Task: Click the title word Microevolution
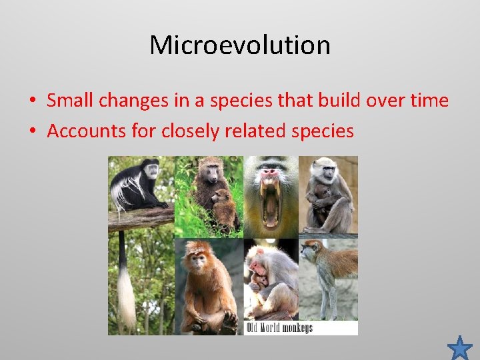[x=240, y=45]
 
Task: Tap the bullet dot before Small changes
[x=32, y=101]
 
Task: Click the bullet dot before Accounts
[x=32, y=131]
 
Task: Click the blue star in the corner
[x=460, y=348]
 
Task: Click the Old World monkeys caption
[x=279, y=328]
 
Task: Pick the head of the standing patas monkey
[x=310, y=252]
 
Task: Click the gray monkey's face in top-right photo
[x=325, y=173]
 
